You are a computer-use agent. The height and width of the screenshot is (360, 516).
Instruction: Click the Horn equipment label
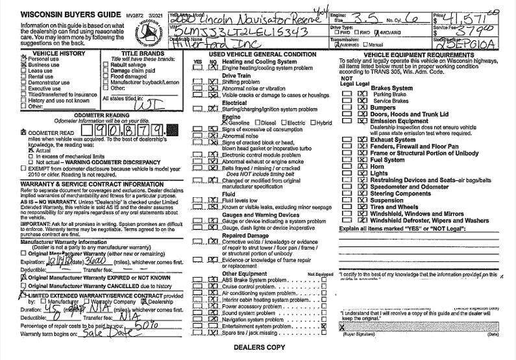tap(377, 165)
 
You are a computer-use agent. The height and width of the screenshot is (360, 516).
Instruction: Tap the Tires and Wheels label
tap(395, 208)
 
